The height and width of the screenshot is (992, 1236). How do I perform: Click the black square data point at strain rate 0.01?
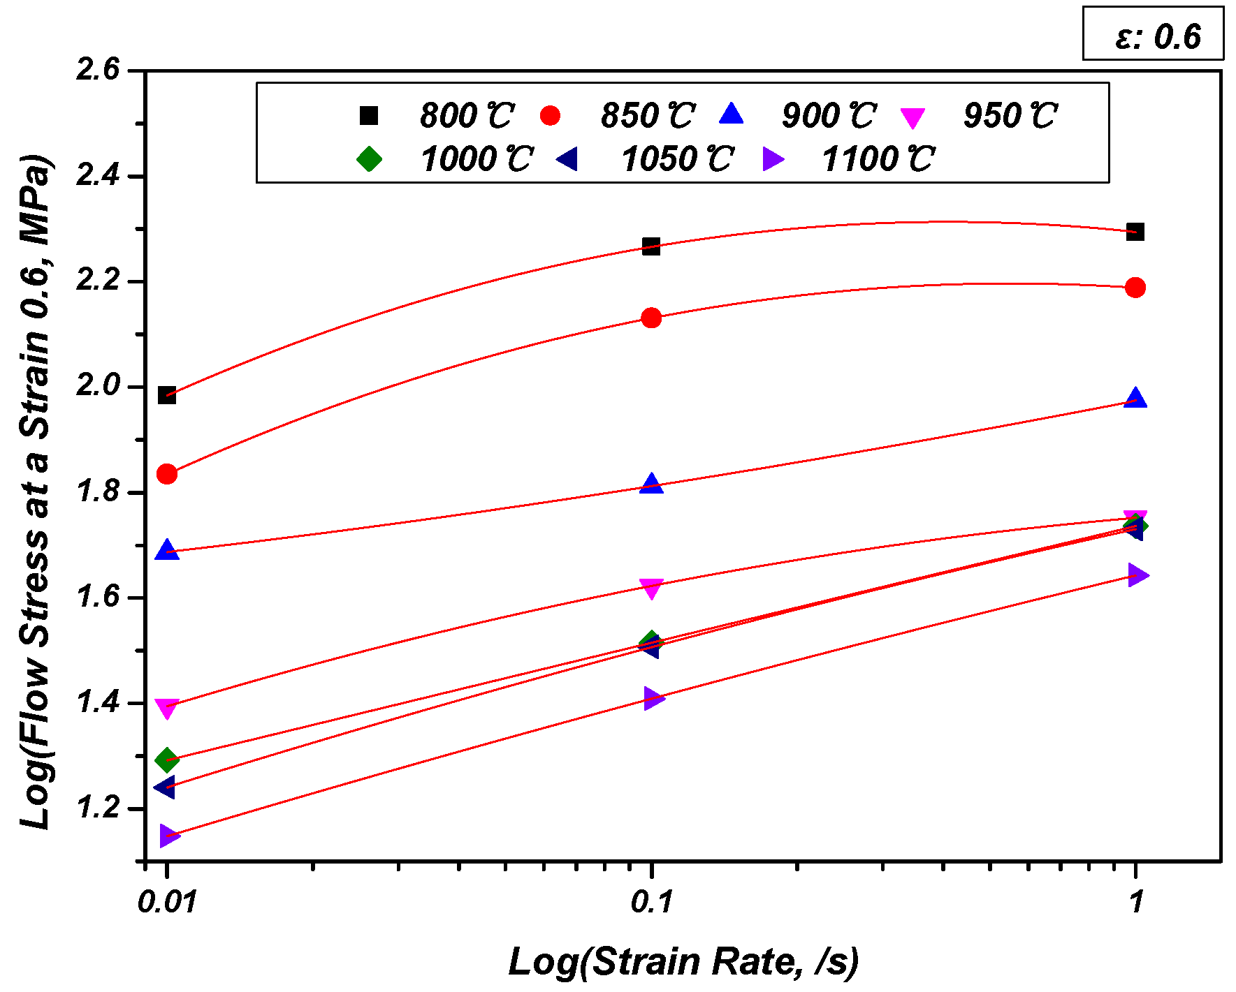[166, 396]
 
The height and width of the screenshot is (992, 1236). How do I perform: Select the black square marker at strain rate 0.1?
[651, 246]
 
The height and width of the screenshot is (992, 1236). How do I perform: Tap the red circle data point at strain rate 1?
[1135, 288]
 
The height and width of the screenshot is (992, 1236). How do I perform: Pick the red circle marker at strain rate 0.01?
[166, 475]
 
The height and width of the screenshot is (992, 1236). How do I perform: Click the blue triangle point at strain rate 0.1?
[651, 484]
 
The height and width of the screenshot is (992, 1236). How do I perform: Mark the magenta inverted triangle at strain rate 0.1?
[651, 588]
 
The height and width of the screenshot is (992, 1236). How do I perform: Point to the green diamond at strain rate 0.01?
[166, 759]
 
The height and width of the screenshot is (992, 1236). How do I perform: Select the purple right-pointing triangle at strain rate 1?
[1137, 575]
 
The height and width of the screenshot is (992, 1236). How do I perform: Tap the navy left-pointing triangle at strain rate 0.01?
[165, 787]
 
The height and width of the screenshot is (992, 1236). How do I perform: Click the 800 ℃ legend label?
[467, 116]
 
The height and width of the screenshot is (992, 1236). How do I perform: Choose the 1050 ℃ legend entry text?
[676, 160]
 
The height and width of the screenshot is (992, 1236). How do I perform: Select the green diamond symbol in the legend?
[369, 159]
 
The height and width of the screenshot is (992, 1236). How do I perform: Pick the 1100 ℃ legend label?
[878, 160]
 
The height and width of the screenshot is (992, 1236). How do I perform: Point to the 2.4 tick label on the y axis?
[98, 175]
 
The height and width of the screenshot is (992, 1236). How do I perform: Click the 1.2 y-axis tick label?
[98, 808]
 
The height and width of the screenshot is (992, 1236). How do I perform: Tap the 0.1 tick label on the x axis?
[651, 902]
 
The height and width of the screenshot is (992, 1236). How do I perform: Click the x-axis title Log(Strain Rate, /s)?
[683, 962]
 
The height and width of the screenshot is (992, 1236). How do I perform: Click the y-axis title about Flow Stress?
[35, 492]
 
